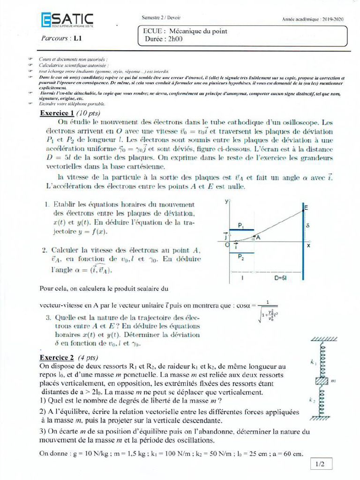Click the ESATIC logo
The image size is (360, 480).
67,20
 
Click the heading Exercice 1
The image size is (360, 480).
57,113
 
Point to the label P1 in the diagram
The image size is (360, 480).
240,226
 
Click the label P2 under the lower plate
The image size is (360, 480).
240,257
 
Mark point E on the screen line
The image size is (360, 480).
306,207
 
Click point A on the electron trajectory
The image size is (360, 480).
257,238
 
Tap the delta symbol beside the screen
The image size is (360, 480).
308,225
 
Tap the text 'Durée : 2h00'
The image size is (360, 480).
163,39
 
